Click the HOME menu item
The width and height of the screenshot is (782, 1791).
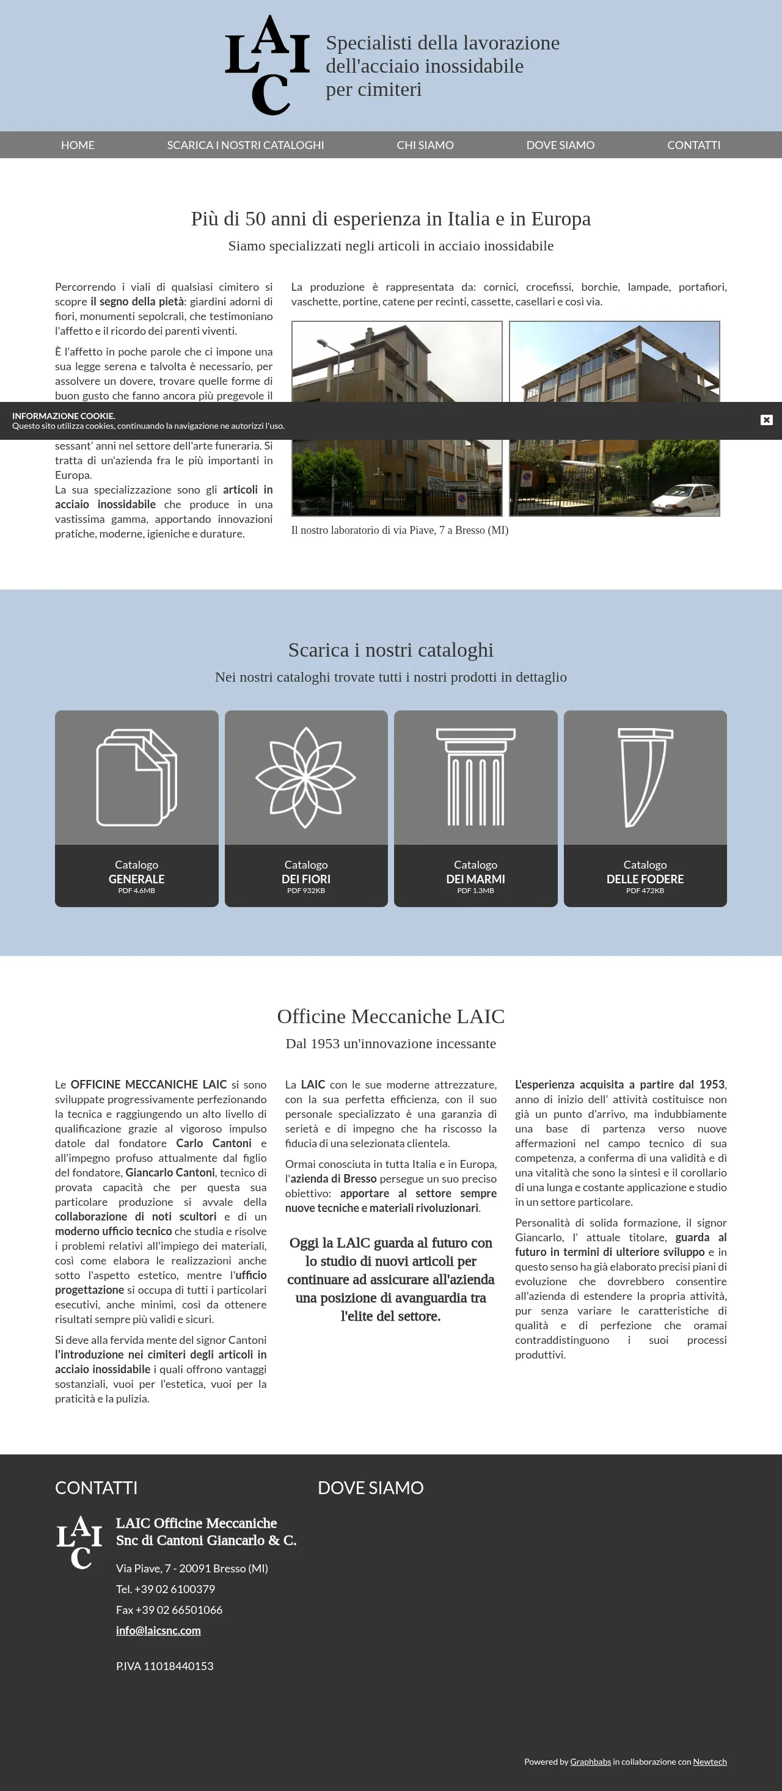(x=77, y=145)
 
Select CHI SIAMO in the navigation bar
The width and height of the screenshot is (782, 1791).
(x=425, y=145)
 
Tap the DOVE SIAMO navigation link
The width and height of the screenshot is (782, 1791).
(x=560, y=145)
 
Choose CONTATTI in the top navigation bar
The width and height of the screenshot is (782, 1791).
(x=693, y=145)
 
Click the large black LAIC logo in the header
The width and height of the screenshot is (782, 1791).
(x=267, y=65)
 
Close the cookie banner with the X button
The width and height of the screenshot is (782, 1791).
(x=766, y=420)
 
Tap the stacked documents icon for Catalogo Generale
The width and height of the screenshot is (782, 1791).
(x=136, y=778)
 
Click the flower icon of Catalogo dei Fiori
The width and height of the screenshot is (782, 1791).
(x=306, y=778)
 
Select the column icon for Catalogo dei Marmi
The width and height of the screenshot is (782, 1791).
(x=475, y=778)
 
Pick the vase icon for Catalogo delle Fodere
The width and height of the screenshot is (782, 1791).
(x=645, y=778)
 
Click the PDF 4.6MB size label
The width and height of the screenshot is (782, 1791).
(x=136, y=891)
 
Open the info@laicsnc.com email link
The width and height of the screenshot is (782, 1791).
(x=158, y=1630)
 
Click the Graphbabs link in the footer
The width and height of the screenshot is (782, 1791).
(x=590, y=1761)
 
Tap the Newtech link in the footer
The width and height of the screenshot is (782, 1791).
(x=709, y=1761)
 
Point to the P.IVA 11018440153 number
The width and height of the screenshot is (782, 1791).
(x=165, y=1666)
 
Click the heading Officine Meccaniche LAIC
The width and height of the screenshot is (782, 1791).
(x=390, y=1016)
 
